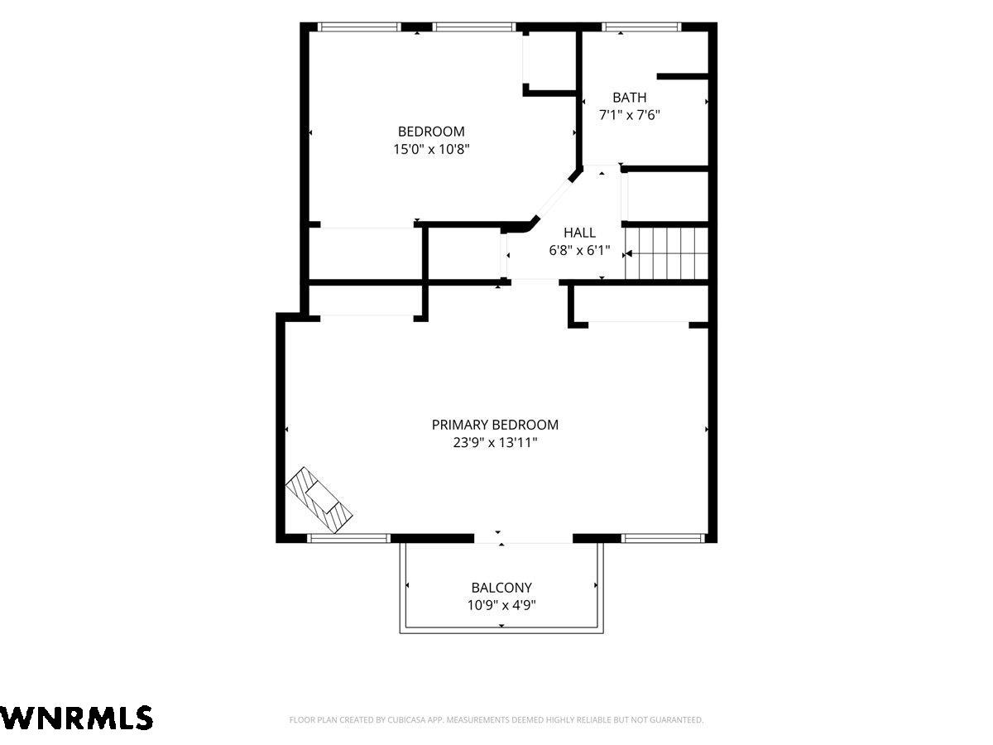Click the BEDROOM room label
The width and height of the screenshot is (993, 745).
pyautogui.click(x=430, y=132)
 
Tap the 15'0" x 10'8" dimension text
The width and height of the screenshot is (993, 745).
pyautogui.click(x=431, y=149)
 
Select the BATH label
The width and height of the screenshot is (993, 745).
pyautogui.click(x=629, y=97)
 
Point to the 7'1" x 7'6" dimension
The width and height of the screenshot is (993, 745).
pyautogui.click(x=629, y=115)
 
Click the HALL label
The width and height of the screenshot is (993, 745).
pyautogui.click(x=579, y=233)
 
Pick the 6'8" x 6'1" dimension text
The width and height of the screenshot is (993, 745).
pyautogui.click(x=579, y=250)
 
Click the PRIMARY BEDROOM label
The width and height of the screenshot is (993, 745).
pyautogui.click(x=495, y=425)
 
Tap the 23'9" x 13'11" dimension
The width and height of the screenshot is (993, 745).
pyautogui.click(x=495, y=442)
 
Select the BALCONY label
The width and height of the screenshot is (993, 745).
pyautogui.click(x=501, y=588)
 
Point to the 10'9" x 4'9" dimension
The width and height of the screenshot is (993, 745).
pyautogui.click(x=501, y=605)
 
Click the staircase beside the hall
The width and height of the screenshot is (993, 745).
pyautogui.click(x=666, y=253)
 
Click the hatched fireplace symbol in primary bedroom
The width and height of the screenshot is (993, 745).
pyautogui.click(x=319, y=500)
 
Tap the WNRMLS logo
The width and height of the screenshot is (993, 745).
pyautogui.click(x=76, y=718)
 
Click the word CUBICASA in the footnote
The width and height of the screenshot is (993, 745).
pyautogui.click(x=406, y=719)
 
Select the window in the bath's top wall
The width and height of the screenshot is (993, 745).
pyautogui.click(x=641, y=27)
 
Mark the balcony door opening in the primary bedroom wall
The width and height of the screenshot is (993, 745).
pyautogui.click(x=524, y=538)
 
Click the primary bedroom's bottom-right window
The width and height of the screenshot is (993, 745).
pyautogui.click(x=663, y=538)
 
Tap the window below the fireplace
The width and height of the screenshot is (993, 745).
pyautogui.click(x=349, y=538)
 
